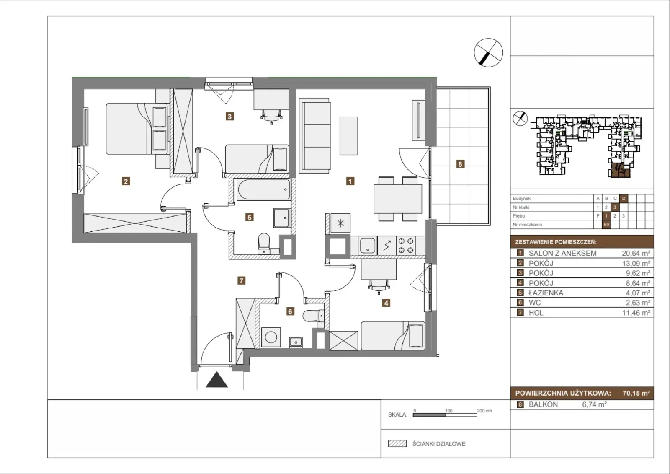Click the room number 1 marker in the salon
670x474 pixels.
pyautogui.click(x=350, y=181)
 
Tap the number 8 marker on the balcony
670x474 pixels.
pyautogui.click(x=460, y=164)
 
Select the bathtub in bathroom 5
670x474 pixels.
pyautogui.click(x=263, y=189)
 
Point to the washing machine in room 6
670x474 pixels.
pyautogui.click(x=271, y=337)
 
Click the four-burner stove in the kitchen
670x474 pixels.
pyautogui.click(x=406, y=245)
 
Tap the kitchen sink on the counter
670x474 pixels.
pyautogui.click(x=367, y=246)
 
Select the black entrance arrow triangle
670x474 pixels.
pyautogui.click(x=217, y=380)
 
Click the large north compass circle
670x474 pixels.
pyautogui.click(x=488, y=53)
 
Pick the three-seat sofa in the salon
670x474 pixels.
pyautogui.click(x=314, y=136)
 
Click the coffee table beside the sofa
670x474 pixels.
pyautogui.click(x=349, y=136)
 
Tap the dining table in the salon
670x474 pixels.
pyautogui.click(x=398, y=199)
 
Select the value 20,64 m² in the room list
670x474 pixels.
pyautogui.click(x=636, y=253)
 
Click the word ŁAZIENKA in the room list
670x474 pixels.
pyautogui.click(x=546, y=293)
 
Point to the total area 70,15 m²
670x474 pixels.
pyautogui.click(x=636, y=393)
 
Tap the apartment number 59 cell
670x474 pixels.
pyautogui.click(x=606, y=225)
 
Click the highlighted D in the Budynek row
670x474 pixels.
pyautogui.click(x=624, y=199)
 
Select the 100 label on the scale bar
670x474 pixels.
pyautogui.click(x=448, y=411)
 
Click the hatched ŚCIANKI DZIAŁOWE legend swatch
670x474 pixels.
pyautogui.click(x=397, y=443)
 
